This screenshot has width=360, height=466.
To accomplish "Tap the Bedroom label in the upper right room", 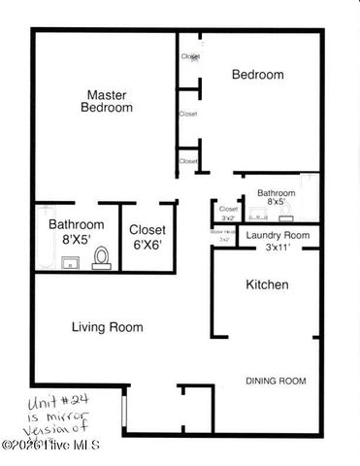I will click(x=257, y=75).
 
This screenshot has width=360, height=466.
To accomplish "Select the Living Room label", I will click(x=107, y=327).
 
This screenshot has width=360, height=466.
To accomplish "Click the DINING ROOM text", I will click(x=276, y=381).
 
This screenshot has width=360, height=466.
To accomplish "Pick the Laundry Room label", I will click(x=278, y=236).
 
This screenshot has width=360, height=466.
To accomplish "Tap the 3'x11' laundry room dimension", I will click(x=278, y=248).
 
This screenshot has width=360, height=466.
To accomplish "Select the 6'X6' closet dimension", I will click(x=147, y=246).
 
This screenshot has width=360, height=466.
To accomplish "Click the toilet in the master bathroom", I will click(x=101, y=257).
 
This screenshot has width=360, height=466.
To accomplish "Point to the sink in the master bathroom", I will click(x=69, y=261).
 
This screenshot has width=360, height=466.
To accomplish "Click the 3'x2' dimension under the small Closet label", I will click(x=228, y=218).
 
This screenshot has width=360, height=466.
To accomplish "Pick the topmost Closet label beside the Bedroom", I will click(x=190, y=56).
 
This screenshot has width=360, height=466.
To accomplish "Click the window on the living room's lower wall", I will click(x=124, y=407).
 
